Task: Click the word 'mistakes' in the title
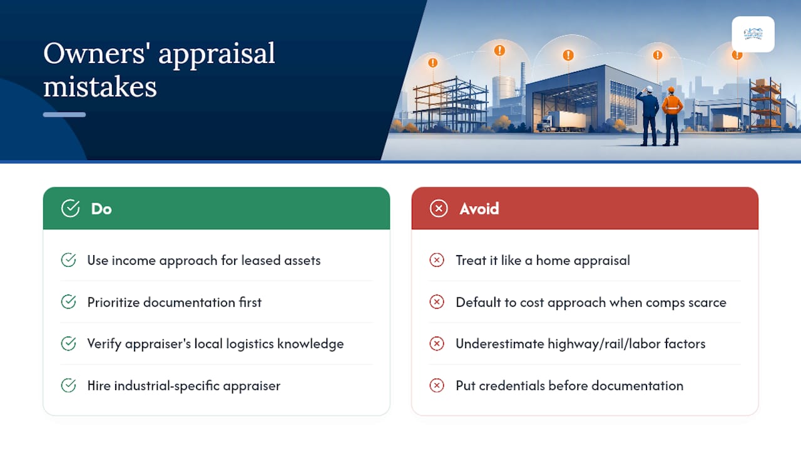point(100,87)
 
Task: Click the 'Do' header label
point(101,209)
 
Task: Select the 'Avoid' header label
point(479,209)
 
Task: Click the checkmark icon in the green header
point(70,208)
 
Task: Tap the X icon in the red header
point(439,209)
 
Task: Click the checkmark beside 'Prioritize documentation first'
point(68,302)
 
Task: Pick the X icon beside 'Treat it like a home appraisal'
point(437,260)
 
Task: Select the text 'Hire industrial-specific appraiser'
point(184,386)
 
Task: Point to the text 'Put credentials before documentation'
point(569,386)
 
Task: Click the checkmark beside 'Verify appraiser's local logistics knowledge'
point(68,344)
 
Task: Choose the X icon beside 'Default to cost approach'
point(437,302)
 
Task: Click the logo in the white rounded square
point(753,34)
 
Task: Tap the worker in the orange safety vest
point(671,116)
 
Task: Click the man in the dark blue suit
point(650,116)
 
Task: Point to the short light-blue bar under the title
point(64,114)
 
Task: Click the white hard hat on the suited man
point(650,89)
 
